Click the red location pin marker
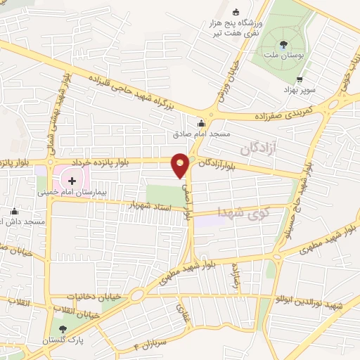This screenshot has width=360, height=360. [x=181, y=165]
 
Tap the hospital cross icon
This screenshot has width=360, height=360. [x=72, y=181]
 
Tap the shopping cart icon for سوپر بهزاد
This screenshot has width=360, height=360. [x=300, y=79]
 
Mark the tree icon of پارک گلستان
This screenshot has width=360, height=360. [x=63, y=329]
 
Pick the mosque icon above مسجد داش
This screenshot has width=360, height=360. [x=14, y=212]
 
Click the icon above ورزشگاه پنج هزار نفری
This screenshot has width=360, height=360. [x=236, y=11]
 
